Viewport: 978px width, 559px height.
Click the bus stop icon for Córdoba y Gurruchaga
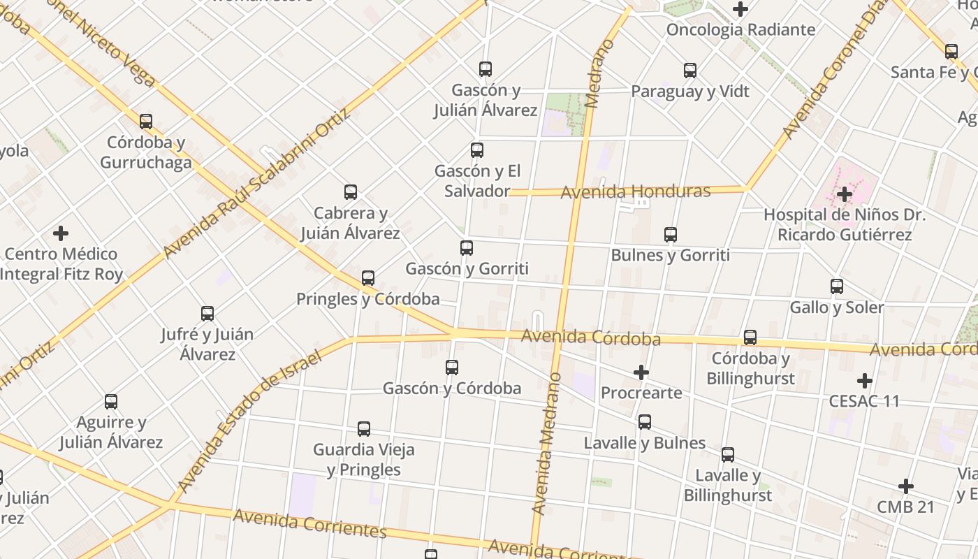146,122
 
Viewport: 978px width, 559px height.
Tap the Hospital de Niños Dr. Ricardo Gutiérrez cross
845,194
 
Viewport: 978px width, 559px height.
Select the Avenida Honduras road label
635,191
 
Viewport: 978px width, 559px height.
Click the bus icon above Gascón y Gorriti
467,247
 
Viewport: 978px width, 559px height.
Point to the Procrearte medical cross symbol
641,372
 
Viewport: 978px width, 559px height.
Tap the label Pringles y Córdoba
368,299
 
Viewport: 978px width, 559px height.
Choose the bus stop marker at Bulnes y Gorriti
671,234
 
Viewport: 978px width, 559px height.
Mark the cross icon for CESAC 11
865,381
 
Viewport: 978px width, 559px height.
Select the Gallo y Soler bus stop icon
837,286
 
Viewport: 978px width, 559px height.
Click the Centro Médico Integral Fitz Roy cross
61,233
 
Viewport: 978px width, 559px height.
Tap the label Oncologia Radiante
740,29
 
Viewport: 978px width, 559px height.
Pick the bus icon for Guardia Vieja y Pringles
364,428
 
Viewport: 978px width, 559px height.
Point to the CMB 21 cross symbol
906,486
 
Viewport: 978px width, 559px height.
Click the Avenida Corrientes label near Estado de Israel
309,523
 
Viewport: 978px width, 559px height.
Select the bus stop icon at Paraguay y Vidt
690,70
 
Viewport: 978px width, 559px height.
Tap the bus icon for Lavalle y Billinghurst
728,454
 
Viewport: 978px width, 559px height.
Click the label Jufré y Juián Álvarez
207,344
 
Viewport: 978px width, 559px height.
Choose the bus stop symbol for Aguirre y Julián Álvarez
111,402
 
